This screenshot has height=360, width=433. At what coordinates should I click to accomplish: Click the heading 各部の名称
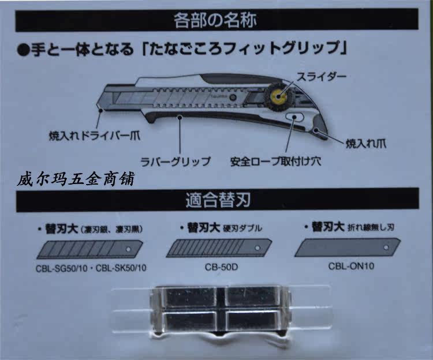pyautogui.click(x=215, y=21)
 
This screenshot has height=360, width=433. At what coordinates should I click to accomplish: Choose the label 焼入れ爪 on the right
pyautogui.click(x=369, y=141)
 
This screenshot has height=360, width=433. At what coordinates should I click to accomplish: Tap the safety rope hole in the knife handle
pyautogui.click(x=295, y=118)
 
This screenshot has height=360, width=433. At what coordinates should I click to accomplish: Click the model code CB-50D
pyautogui.click(x=218, y=267)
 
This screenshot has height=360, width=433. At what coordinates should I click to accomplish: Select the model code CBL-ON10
pyautogui.click(x=348, y=267)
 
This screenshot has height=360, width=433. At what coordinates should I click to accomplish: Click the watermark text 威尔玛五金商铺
pyautogui.click(x=75, y=181)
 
